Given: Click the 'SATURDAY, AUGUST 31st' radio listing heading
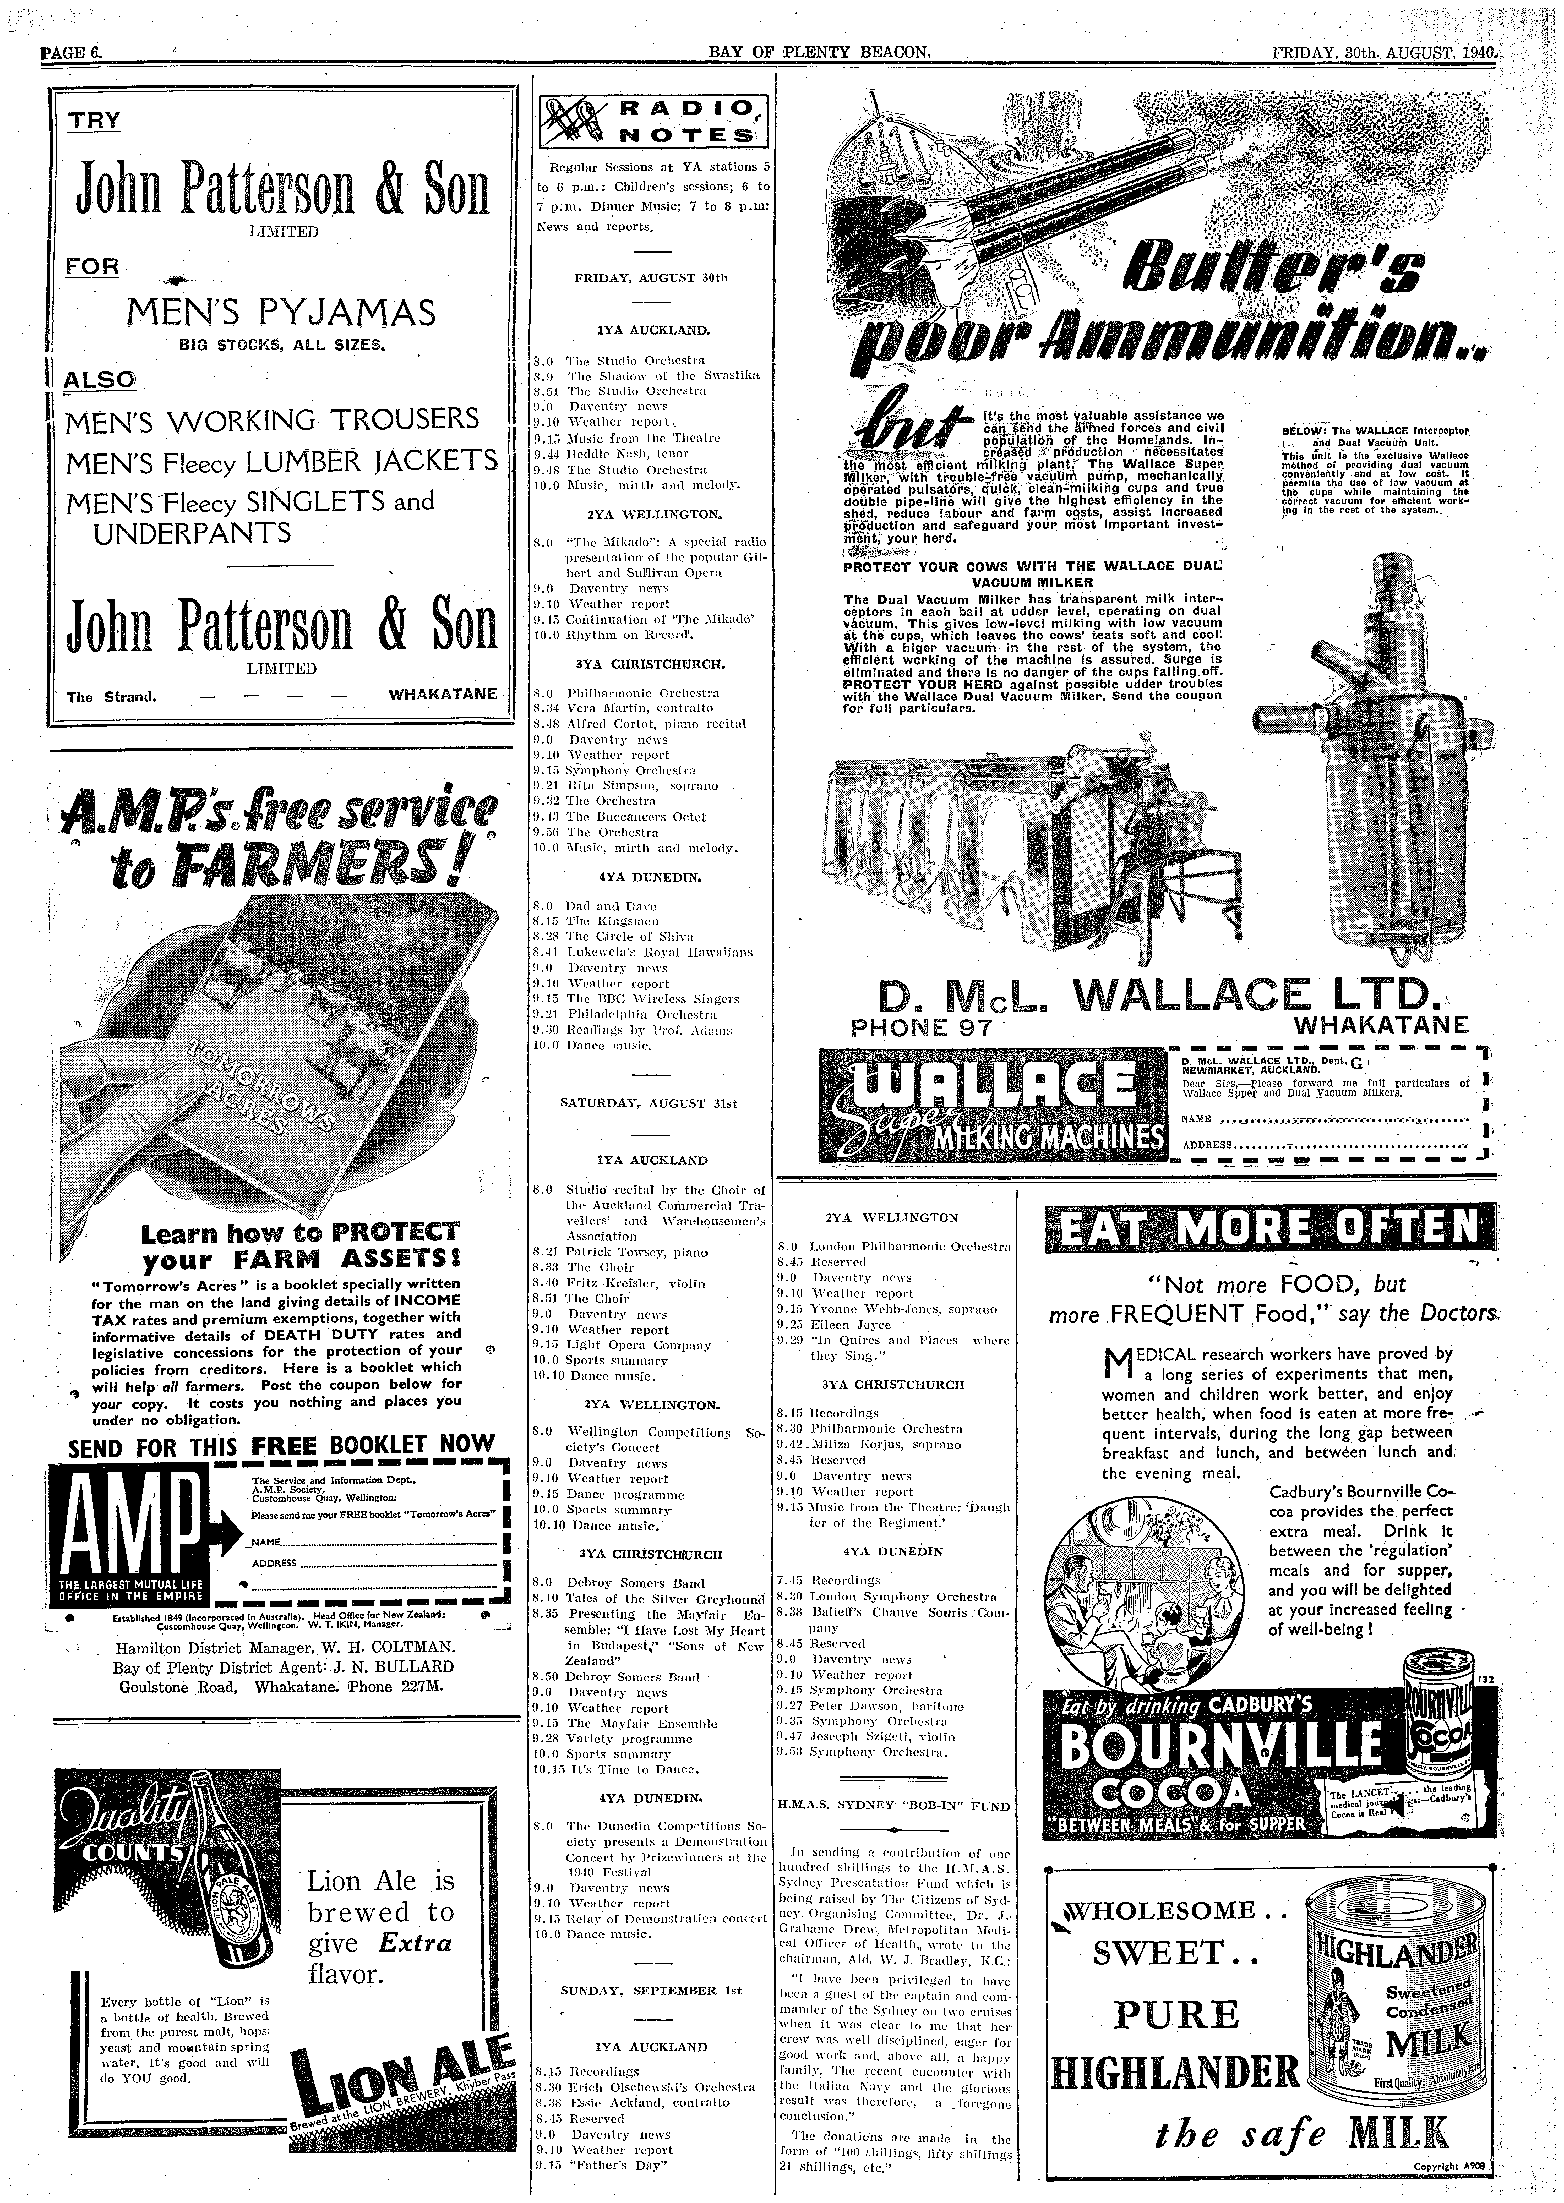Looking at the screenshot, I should tap(648, 1103).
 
